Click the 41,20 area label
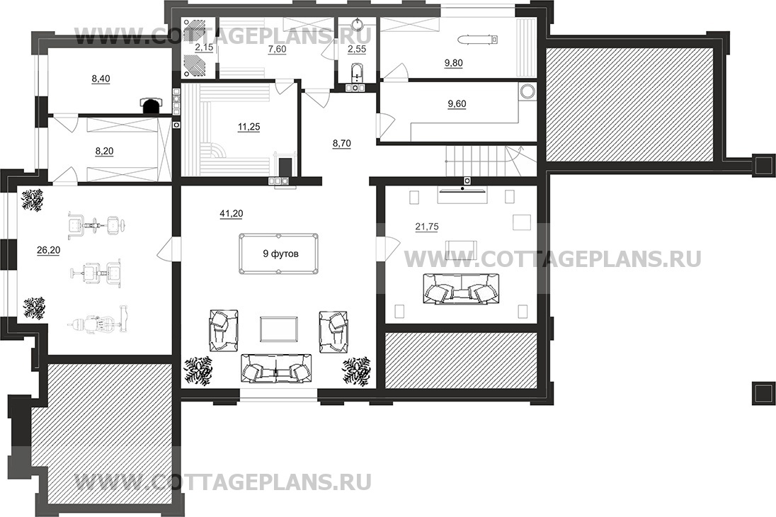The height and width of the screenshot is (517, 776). coord(231,213)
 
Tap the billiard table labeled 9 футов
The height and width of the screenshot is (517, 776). coord(280,254)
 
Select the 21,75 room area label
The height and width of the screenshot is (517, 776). coord(427,227)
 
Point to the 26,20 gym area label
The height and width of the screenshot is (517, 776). coord(48,251)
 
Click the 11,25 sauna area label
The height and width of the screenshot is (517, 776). coord(249,127)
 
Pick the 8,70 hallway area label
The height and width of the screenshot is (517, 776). coord(341,144)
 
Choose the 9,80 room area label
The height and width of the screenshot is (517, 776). coord(454,63)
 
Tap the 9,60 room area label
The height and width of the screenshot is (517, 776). coord(457,104)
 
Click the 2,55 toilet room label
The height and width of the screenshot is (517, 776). coord(356,49)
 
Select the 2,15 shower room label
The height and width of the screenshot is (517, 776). coord(204,47)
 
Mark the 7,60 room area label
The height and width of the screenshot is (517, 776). coord(277,49)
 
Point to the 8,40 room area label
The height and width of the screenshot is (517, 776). coord(101,79)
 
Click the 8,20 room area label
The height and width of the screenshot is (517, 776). coord(104,151)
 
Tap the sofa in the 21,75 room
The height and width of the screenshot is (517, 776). coord(461,288)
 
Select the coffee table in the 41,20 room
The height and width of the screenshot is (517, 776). coord(280,329)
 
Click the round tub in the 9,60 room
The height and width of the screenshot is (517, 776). coord(527,91)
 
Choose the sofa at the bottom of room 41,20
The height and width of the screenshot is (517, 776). coord(277,369)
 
